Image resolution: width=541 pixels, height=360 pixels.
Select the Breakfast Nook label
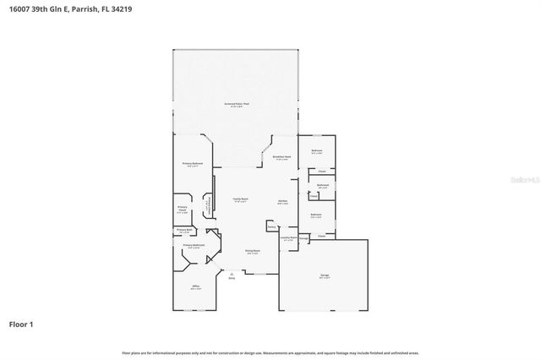[281, 157]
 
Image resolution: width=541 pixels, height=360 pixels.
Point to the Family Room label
[240, 199]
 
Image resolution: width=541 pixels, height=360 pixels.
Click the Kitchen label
[283, 201]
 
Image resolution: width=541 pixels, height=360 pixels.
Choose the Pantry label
[271, 226]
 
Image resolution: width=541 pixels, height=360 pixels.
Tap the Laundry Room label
[287, 237]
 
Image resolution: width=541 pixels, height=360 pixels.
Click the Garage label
[325, 275]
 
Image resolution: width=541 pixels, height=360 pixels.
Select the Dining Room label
[252, 251]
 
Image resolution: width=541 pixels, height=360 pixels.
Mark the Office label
[195, 286]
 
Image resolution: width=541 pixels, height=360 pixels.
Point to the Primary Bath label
[184, 231]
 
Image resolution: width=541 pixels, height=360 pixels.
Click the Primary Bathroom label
[194, 245]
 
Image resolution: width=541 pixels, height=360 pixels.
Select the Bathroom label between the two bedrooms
[322, 185]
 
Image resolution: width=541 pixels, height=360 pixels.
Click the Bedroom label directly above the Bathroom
[317, 151]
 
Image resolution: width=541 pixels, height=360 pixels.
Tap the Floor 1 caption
[22, 324]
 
